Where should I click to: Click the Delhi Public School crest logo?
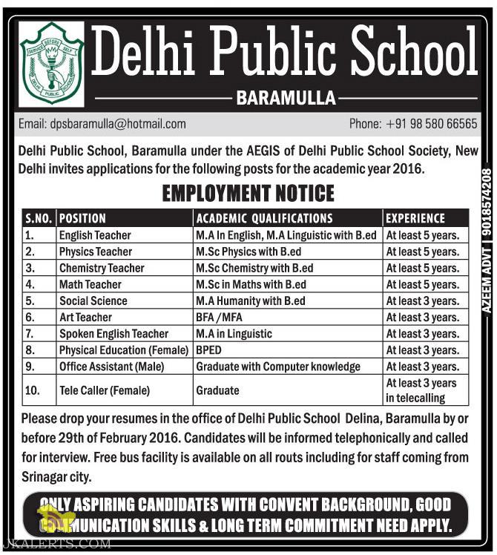(51, 65)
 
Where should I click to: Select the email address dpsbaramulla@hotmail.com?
(102, 124)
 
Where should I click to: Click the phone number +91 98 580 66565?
(413, 124)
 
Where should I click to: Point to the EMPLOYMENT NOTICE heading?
(248, 194)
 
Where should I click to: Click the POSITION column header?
(82, 219)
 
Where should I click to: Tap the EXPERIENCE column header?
(415, 219)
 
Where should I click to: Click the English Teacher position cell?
(95, 235)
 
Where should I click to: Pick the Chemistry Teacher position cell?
(102, 268)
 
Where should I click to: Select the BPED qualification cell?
(210, 350)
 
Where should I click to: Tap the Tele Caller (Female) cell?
(105, 390)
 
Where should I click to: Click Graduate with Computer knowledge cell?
(278, 367)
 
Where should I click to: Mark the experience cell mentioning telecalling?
(421, 390)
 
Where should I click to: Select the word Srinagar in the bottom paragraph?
(46, 476)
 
